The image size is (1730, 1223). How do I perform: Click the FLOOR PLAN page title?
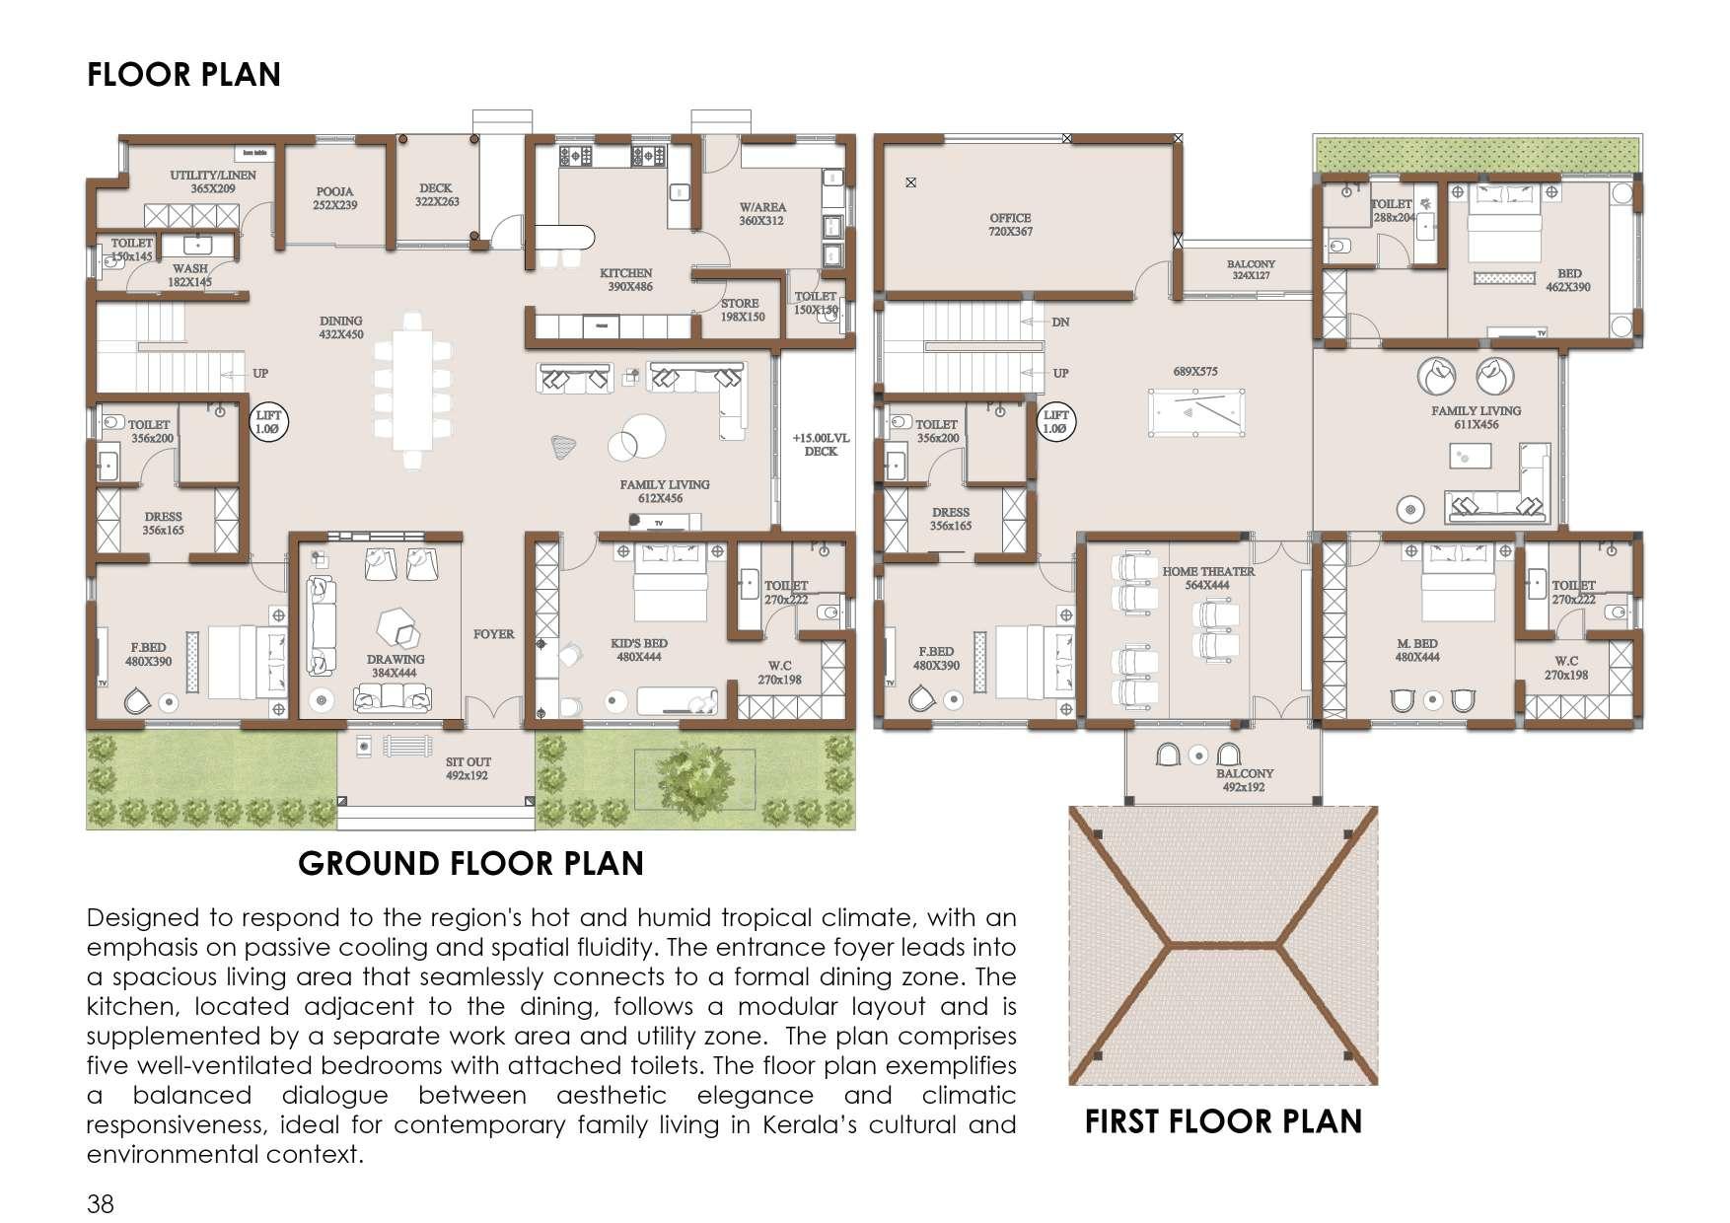(x=183, y=75)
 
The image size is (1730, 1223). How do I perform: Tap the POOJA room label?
(x=335, y=198)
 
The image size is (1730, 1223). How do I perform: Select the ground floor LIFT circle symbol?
(x=268, y=423)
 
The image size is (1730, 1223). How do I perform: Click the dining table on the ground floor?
(x=412, y=390)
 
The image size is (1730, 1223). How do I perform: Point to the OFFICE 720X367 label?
(x=1010, y=225)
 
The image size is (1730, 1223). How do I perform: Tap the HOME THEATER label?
(x=1208, y=578)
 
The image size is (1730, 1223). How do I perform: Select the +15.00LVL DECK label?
(x=821, y=445)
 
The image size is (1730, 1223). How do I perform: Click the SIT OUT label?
(x=468, y=768)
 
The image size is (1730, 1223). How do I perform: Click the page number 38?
(x=101, y=1204)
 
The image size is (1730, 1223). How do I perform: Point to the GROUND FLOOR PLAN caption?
(x=470, y=864)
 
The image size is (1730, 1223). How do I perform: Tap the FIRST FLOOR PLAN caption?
(x=1223, y=1121)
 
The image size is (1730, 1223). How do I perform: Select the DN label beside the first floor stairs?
(x=1060, y=323)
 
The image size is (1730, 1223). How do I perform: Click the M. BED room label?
(x=1417, y=650)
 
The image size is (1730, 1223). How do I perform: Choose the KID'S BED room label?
(x=638, y=650)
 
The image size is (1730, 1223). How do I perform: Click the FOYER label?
(x=493, y=634)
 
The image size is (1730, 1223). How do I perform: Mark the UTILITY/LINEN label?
(x=213, y=181)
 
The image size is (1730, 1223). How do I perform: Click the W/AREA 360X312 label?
(x=762, y=214)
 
